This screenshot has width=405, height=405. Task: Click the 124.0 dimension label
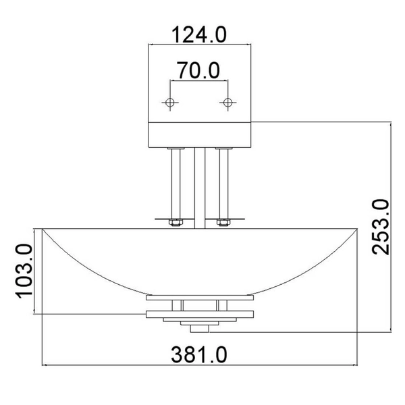click(x=199, y=34)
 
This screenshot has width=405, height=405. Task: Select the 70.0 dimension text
click(x=198, y=70)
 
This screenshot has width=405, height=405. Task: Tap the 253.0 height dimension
click(x=380, y=227)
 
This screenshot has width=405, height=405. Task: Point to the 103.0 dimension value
click(x=24, y=271)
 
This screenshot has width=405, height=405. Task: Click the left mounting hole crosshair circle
click(x=170, y=103)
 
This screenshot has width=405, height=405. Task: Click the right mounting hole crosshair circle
click(x=228, y=103)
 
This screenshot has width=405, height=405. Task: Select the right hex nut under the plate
click(x=223, y=223)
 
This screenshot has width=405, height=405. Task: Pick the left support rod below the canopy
click(x=176, y=184)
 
